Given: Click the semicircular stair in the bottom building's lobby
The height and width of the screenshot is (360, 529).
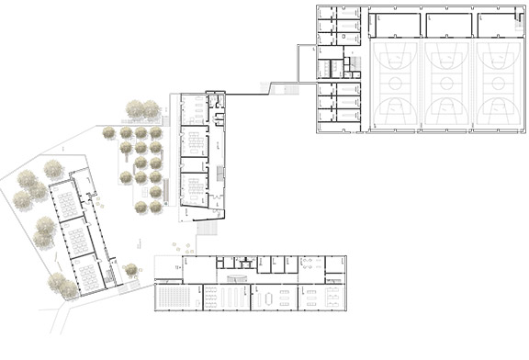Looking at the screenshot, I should click(237, 277).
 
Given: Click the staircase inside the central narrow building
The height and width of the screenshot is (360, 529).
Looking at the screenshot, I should click(220, 174).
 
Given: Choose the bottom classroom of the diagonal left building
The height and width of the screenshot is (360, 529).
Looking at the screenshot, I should click(89, 273).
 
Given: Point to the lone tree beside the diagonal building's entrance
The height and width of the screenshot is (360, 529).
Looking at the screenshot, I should click(130, 269).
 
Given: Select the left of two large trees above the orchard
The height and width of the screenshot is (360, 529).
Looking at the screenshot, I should click(134, 107).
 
